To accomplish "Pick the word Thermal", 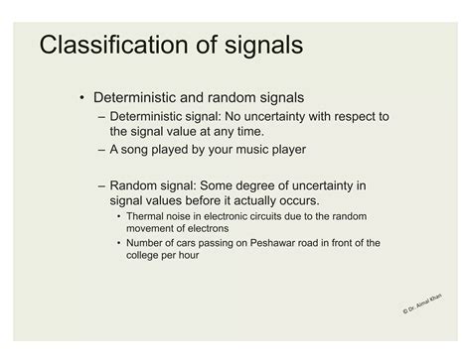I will pos(148,216).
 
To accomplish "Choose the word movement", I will pos(151,228).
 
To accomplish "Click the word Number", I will pos(148,243).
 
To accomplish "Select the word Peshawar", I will pos(269,243).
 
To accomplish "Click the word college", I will pos(146,255).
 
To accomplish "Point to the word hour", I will pos(195,255).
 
